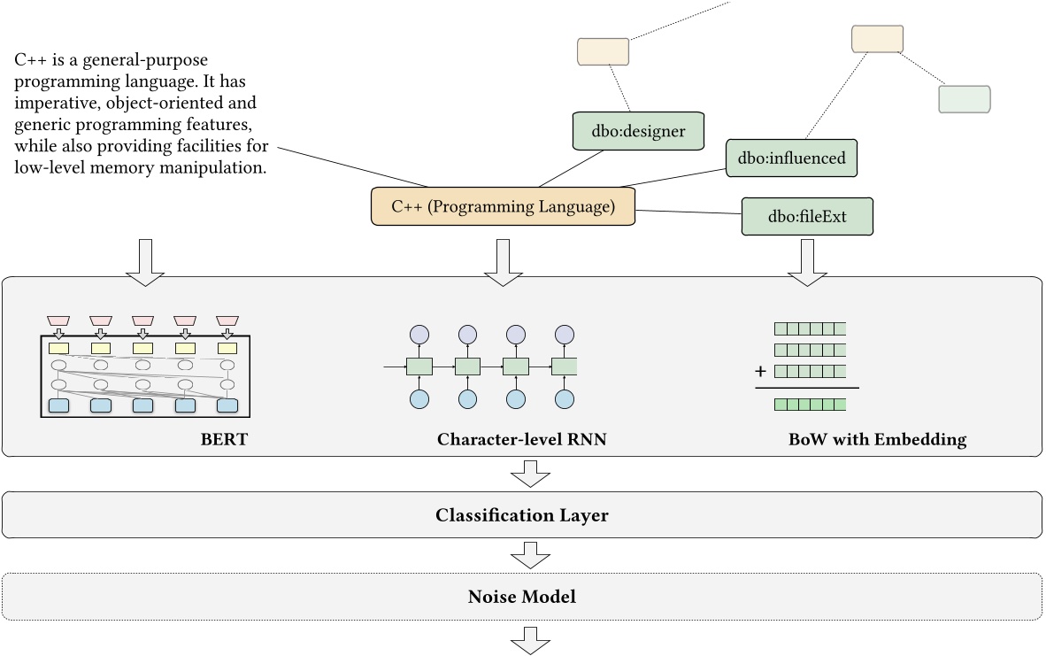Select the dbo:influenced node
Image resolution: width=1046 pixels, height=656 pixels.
coord(791,158)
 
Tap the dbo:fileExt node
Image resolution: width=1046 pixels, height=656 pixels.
coord(807,216)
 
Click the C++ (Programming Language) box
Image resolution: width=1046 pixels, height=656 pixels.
coord(503,207)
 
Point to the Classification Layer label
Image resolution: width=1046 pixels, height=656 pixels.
coord(521,514)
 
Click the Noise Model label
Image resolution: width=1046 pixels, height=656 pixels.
coord(521,597)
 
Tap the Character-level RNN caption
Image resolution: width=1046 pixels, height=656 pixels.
coord(521,439)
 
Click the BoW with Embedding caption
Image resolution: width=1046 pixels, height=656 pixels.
coord(877,439)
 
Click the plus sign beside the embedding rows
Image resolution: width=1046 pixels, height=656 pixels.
coord(760,371)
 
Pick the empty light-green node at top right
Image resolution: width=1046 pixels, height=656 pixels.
coord(964,99)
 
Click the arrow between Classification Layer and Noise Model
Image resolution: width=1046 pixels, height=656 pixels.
coord(531,556)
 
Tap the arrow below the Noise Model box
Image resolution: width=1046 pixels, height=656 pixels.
coord(531,639)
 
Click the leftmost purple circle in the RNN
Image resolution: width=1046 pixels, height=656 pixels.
coord(419,335)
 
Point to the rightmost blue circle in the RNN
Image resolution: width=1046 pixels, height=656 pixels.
coord(564,399)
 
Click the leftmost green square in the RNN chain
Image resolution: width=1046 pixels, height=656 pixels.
coord(419,366)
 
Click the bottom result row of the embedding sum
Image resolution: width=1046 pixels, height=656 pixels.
coord(810,405)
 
